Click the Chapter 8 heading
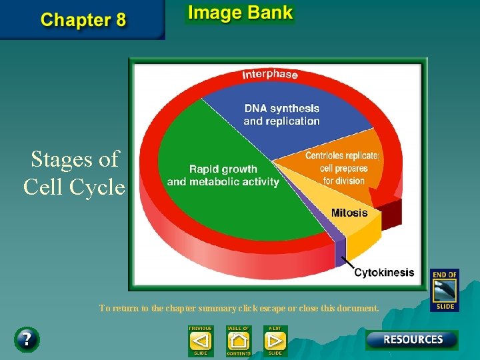tap(83, 19)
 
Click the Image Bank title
tap(240, 13)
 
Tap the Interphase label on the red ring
tap(269, 73)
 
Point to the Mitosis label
tap(349, 213)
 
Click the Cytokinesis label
tap(384, 272)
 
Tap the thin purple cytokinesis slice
tap(340, 245)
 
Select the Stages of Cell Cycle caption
tap(73, 173)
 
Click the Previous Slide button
tap(200, 341)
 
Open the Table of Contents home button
tap(238, 341)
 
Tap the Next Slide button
tap(275, 341)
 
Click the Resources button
tap(412, 339)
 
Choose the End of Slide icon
tap(444, 289)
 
